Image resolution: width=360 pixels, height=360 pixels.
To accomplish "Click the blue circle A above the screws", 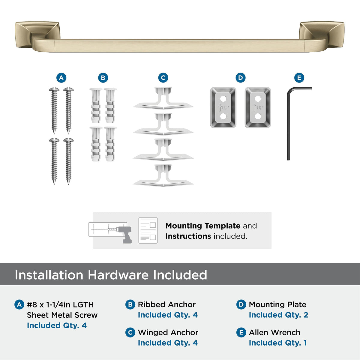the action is click(61, 78).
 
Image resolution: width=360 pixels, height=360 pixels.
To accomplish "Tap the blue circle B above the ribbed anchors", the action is click(103, 78).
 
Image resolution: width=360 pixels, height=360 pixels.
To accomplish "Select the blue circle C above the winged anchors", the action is click(163, 78).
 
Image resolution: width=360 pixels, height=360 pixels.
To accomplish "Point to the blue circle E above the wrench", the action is click(299, 78).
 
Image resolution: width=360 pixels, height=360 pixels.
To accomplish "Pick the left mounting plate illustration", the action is click(223, 108).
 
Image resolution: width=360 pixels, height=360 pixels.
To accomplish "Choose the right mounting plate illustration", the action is click(258, 108).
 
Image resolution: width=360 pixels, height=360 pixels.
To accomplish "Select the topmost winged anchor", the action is click(163, 98).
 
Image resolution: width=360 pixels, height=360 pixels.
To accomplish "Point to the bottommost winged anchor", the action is click(163, 175).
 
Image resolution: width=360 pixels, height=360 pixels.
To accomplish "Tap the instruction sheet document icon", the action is click(148, 230).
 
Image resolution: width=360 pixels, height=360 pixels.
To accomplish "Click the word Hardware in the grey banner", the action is click(118, 275).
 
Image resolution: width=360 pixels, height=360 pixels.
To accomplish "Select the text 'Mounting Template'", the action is click(203, 226).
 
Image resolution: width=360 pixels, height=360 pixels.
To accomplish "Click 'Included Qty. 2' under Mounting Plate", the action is click(278, 315).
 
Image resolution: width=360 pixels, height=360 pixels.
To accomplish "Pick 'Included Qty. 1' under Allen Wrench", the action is click(278, 343).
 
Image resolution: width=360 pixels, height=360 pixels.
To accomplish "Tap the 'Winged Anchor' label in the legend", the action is click(168, 332).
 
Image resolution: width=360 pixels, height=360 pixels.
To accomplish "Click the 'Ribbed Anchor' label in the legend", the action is click(167, 304).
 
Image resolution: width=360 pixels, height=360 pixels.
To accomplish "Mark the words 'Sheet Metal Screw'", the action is click(62, 315).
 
